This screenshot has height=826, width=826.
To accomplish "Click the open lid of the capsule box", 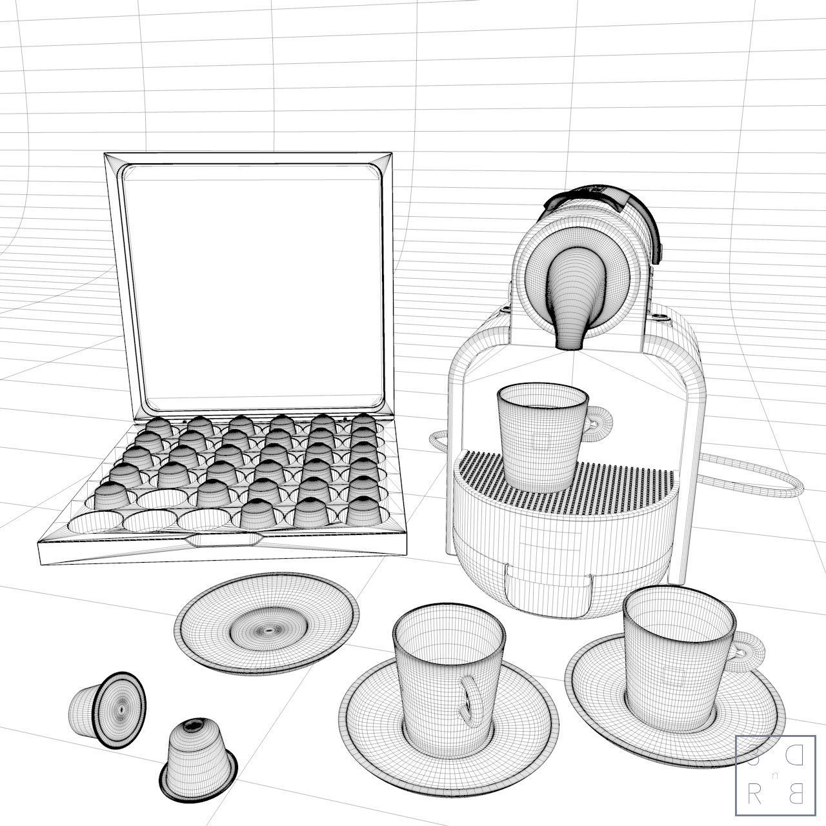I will pos(252,284).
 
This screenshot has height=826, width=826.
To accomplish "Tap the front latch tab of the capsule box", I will pos(223,539).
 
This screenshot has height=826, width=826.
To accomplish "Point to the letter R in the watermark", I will pos(752,795).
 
